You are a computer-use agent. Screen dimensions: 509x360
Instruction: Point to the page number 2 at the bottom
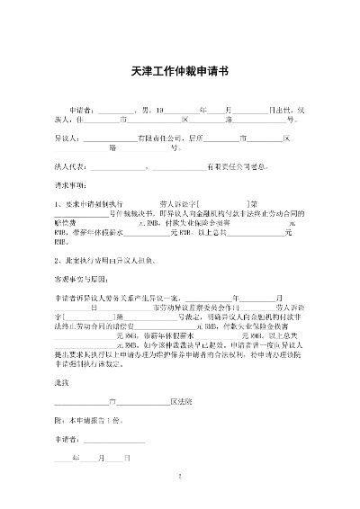point(180,477)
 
